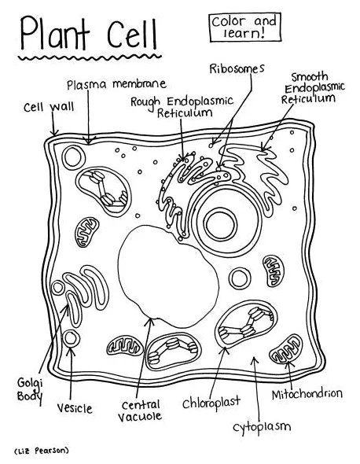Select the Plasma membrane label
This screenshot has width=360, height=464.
coord(116,83)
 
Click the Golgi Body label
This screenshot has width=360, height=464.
coord(30,389)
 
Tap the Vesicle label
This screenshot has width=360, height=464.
coord(75,408)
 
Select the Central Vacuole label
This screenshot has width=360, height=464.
coord(141,411)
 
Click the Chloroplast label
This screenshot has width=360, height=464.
coord(210,403)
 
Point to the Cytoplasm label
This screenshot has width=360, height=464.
coord(262,427)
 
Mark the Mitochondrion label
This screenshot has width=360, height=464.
coord(307,392)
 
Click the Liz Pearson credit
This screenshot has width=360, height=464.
coord(42,451)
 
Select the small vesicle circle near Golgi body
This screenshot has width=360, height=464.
coord(72,339)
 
